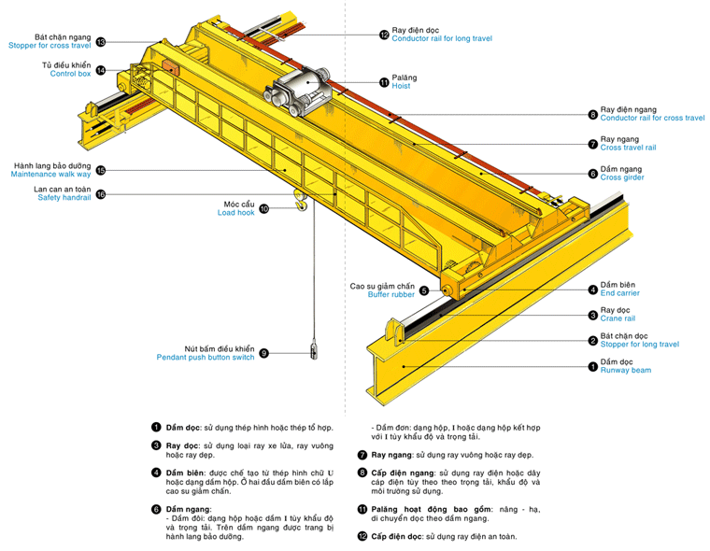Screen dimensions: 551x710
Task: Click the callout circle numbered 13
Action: (x=100, y=41)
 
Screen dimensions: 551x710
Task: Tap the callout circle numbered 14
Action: (x=100, y=70)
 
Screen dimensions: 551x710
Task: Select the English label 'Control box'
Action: (x=70, y=74)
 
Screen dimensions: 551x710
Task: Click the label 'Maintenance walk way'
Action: (x=50, y=175)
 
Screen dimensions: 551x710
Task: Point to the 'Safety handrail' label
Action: (x=64, y=198)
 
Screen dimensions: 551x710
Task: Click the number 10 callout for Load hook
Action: (x=264, y=209)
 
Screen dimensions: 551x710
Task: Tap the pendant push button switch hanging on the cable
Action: (x=314, y=351)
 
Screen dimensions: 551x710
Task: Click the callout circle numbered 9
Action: (x=264, y=353)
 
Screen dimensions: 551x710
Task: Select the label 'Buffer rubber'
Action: (x=390, y=294)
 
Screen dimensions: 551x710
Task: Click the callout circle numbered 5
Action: (x=423, y=290)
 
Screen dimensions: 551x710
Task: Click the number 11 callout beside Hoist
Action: (x=384, y=82)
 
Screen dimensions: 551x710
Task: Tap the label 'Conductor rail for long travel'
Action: (x=442, y=39)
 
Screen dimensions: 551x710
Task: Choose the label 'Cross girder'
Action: (x=622, y=177)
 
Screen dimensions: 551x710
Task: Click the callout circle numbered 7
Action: (x=592, y=144)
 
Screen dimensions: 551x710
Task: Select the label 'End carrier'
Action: (x=620, y=294)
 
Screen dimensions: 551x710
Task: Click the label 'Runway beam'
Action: (x=626, y=371)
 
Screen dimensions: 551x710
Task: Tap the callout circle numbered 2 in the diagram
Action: (x=592, y=340)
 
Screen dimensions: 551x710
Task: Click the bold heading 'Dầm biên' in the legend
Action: (x=182, y=473)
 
